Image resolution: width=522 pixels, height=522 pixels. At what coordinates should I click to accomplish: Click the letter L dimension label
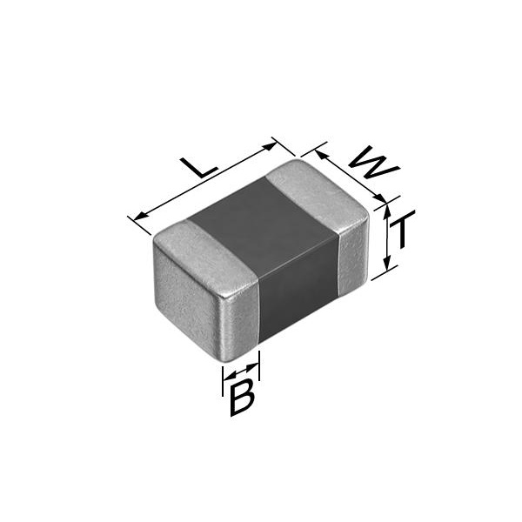coord(198,168)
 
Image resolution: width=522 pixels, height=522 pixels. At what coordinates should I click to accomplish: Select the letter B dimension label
coord(243,398)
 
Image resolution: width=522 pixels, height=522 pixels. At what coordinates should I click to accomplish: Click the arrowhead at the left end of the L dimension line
coord(140,216)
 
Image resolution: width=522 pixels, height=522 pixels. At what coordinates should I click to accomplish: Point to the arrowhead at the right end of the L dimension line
coord(270,146)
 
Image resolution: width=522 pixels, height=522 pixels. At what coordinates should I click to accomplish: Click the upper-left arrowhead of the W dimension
coord(320,155)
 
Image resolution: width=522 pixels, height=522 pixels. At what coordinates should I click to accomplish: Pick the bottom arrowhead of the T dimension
coord(386,263)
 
